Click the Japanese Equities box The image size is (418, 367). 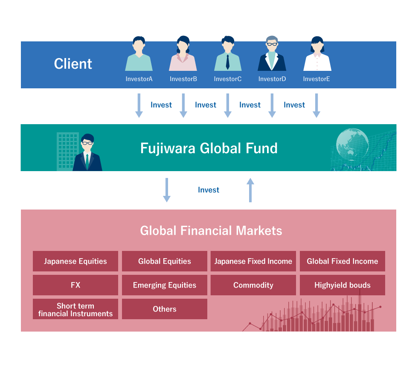click(x=75, y=261)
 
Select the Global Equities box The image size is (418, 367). click(x=165, y=261)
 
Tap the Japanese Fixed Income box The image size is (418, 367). click(x=253, y=261)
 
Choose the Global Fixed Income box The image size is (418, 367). click(x=342, y=261)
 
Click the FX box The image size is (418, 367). click(x=75, y=285)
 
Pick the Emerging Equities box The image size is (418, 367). click(x=165, y=285)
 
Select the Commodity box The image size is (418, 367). click(x=253, y=285)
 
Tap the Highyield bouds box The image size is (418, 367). click(x=342, y=285)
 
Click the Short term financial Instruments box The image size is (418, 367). click(x=75, y=309)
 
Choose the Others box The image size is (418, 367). click(x=165, y=309)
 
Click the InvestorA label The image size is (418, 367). click(x=139, y=79)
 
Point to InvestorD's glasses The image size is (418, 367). click(x=272, y=44)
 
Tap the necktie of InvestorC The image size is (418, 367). click(x=228, y=62)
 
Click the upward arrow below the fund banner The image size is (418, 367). click(x=250, y=190)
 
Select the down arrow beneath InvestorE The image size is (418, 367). click(x=316, y=105)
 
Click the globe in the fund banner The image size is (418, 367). click(x=352, y=145)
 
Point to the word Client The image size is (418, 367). click(x=73, y=64)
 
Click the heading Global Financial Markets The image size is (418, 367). click(x=211, y=231)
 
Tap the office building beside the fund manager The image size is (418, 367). click(x=68, y=151)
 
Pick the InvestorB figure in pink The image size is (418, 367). click(x=183, y=53)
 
